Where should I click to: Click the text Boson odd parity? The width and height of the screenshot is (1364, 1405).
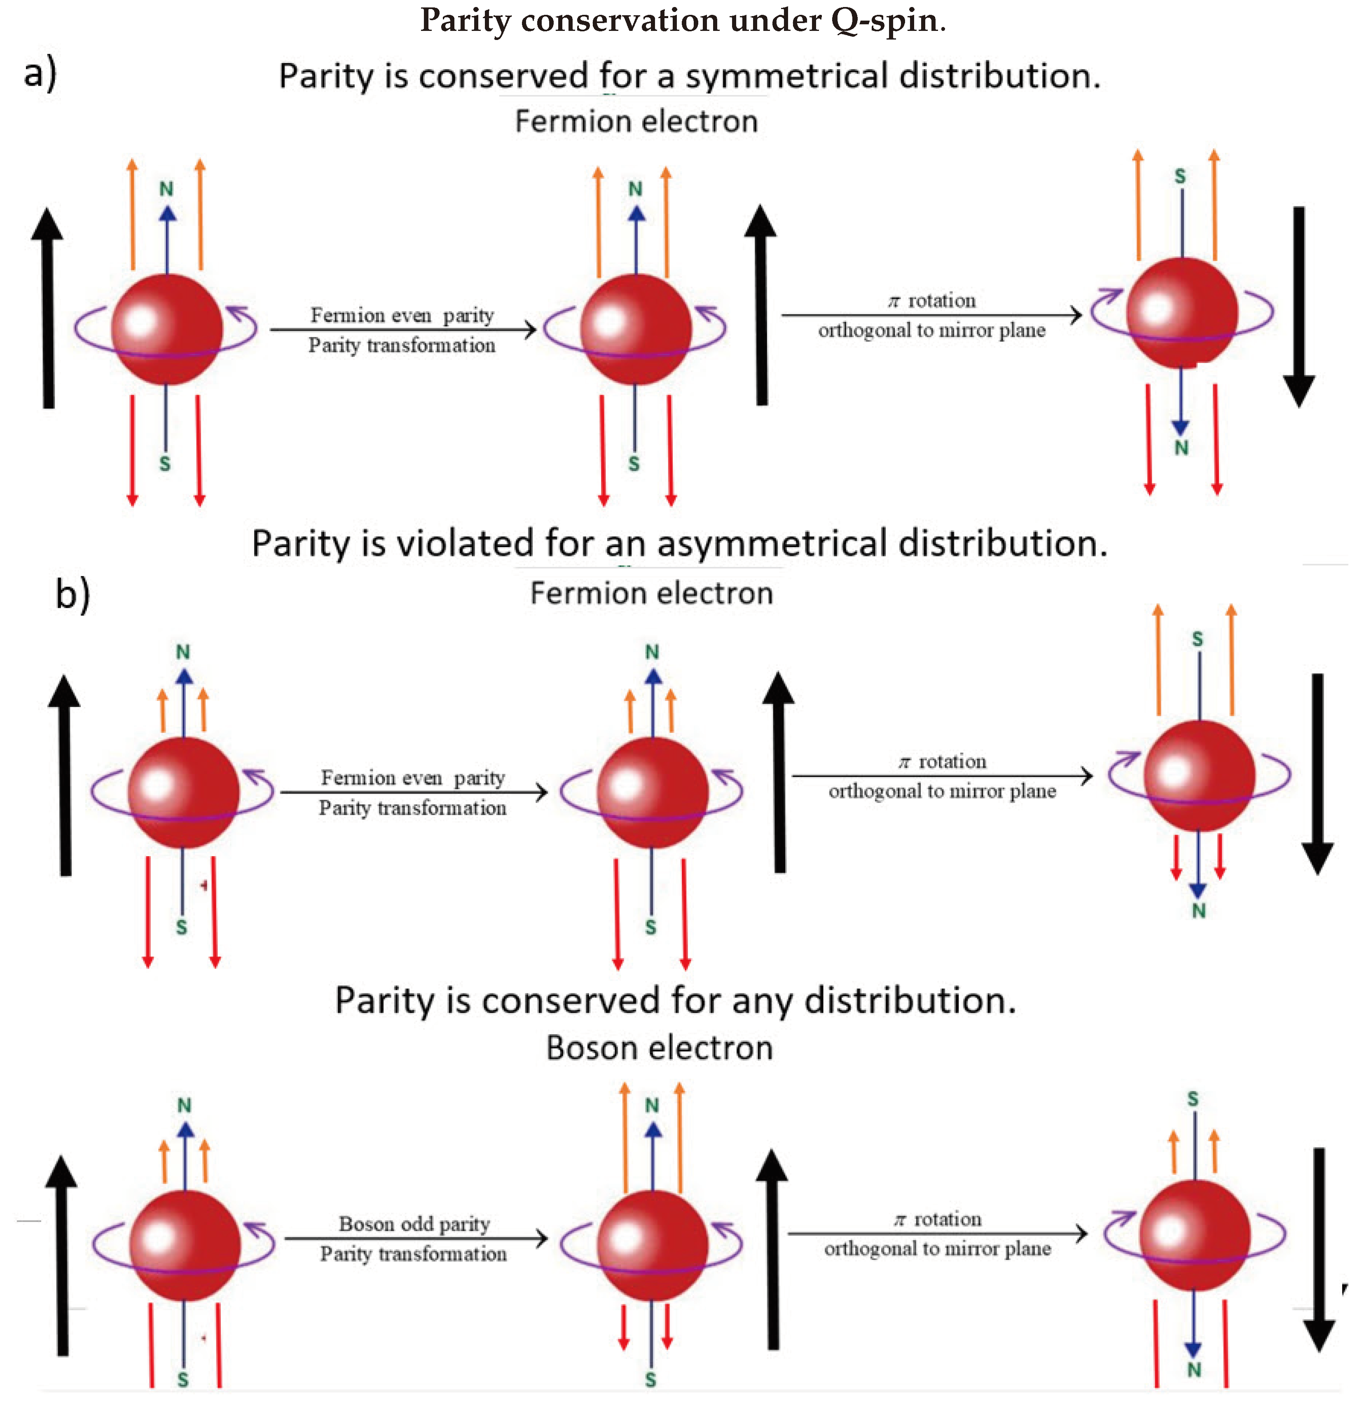pyautogui.click(x=414, y=1224)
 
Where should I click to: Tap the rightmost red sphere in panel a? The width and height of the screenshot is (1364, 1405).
pyautogui.click(x=1181, y=313)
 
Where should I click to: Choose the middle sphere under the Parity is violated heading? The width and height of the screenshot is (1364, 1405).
pyautogui.click(x=652, y=793)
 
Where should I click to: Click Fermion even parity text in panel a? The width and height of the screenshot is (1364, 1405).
pyautogui.click(x=402, y=316)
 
